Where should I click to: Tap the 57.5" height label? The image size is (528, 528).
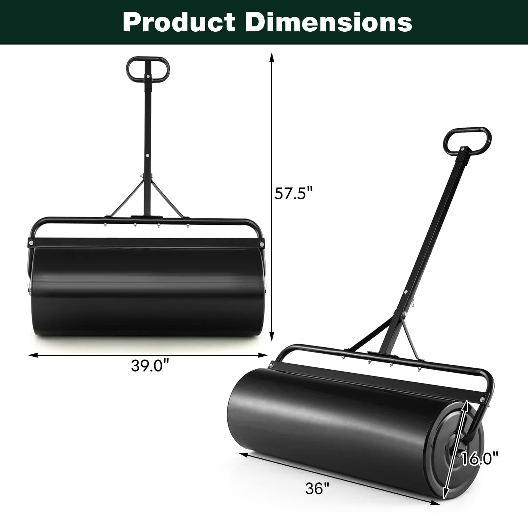(x=293, y=193)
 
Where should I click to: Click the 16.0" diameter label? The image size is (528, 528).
(x=479, y=459)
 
